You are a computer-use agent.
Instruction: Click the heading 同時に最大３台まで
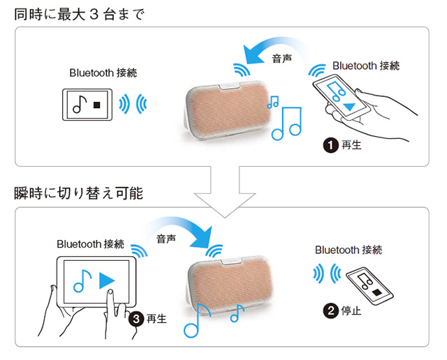[x=79, y=14]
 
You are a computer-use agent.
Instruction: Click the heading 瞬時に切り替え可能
[x=78, y=193]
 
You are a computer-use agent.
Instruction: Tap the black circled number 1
[x=330, y=145]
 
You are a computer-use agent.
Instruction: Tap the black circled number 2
[x=330, y=310]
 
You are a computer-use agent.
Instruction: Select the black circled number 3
[x=136, y=319]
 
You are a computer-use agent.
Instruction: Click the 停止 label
[x=351, y=310]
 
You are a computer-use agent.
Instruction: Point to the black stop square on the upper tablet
[x=97, y=105]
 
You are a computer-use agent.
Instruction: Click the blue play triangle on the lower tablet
[x=107, y=280]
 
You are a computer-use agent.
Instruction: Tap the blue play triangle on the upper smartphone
[x=349, y=107]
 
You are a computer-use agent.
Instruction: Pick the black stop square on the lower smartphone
[x=376, y=292]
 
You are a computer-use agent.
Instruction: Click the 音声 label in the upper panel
[x=281, y=59]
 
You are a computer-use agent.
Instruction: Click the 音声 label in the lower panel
[x=166, y=239]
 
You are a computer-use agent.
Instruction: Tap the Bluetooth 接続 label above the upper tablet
[x=103, y=73]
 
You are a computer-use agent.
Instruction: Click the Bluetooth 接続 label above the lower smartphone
[x=349, y=250]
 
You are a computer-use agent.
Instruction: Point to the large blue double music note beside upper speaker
[x=286, y=123]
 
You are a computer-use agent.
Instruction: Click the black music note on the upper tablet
[x=80, y=104]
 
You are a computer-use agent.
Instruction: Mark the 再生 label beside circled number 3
[x=156, y=319]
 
